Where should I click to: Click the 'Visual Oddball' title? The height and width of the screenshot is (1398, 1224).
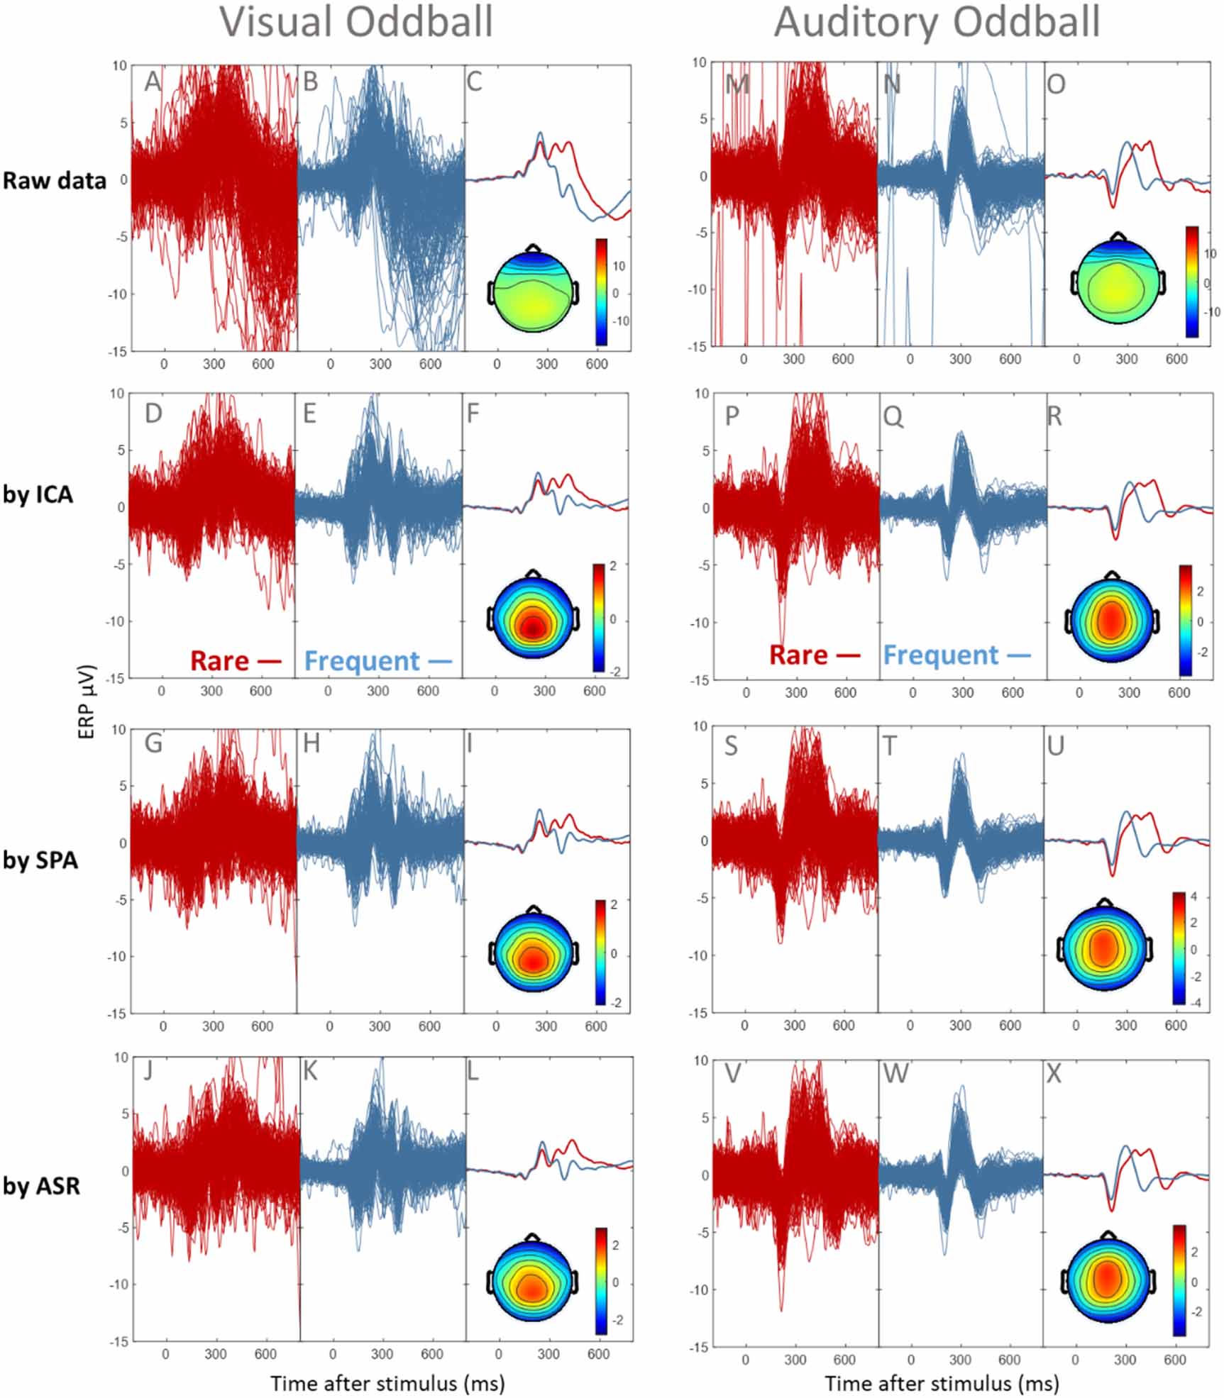click(355, 21)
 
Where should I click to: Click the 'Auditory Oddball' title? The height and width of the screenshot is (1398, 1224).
click(937, 21)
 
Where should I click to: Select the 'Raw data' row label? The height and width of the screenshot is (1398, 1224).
click(54, 180)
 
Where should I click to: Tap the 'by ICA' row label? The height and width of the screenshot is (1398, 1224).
click(38, 494)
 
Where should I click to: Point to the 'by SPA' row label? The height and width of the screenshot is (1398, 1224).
click(40, 860)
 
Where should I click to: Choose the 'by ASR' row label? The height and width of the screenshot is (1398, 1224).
click(41, 1185)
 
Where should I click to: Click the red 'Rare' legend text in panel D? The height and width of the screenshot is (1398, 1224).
click(220, 661)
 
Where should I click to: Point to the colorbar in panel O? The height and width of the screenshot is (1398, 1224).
click(1191, 282)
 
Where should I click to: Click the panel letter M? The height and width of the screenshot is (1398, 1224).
click(738, 84)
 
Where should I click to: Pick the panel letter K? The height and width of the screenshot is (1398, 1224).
click(311, 1071)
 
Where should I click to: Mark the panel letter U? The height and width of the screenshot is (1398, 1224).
click(1056, 746)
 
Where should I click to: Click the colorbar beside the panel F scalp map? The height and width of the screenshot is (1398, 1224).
click(600, 617)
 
